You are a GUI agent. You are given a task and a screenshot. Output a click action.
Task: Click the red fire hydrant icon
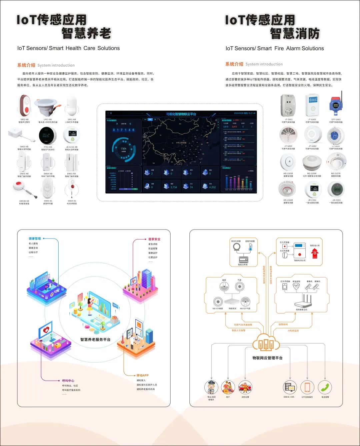click(315, 254)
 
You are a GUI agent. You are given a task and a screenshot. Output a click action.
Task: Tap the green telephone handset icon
click(325, 387)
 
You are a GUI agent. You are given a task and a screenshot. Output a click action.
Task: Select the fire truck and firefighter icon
click(245, 388)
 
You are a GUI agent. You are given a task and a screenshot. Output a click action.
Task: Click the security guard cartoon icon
click(211, 388)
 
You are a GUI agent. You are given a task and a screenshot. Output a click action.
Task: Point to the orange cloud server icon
click(266, 343)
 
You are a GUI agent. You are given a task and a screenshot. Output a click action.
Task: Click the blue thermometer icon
click(250, 247)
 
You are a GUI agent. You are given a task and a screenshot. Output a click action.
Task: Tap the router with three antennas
click(303, 302)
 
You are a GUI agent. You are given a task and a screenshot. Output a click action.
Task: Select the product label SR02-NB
click(25, 119)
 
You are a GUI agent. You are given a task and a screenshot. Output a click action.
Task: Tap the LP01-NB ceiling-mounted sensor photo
click(48, 106)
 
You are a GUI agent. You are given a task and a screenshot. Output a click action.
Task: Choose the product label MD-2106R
click(312, 173)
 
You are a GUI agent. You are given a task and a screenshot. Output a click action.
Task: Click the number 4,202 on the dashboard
click(212, 187)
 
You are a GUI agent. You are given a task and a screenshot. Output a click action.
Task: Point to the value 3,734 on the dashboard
click(174, 187)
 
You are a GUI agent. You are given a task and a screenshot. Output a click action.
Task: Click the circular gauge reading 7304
click(123, 149)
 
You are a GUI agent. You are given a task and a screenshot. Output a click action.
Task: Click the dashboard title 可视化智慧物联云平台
click(181, 114)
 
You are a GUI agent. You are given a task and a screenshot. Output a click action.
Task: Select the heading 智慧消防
click(295, 34)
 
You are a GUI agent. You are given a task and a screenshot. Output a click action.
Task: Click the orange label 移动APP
click(142, 375)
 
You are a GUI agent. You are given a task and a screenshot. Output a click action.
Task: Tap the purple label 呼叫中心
click(68, 381)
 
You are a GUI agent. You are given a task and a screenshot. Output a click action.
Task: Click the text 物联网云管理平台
click(267, 358)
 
